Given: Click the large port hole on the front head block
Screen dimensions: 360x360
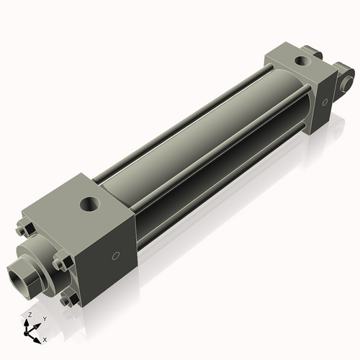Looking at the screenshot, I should (x=90, y=203).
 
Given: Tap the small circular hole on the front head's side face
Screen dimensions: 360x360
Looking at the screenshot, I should (x=114, y=256).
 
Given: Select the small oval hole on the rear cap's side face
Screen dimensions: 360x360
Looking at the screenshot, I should (x=325, y=102).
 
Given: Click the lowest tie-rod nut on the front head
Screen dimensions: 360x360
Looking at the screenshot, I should (x=68, y=299).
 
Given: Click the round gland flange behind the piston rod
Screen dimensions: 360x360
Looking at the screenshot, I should (x=40, y=256).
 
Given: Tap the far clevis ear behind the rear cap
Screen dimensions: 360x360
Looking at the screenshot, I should (x=312, y=52).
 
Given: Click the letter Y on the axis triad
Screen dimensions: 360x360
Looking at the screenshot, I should (x=45, y=318).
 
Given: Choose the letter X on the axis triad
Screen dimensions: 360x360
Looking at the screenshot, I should (x=45, y=338).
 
